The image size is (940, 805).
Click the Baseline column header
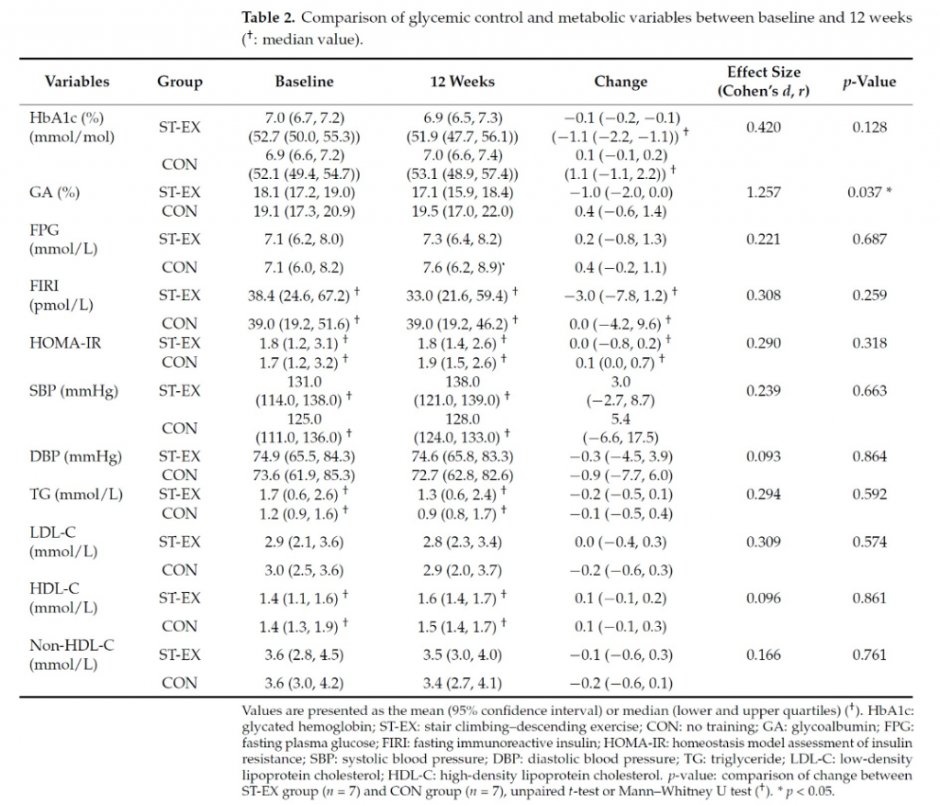(x=304, y=82)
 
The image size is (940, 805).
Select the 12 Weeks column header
(x=463, y=82)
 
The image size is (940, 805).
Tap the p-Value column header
(x=868, y=82)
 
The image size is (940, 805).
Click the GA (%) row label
(x=53, y=193)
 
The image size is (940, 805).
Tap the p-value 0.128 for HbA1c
(x=868, y=127)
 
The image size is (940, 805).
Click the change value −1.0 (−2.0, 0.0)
(x=621, y=193)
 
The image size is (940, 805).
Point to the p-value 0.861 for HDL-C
(x=868, y=598)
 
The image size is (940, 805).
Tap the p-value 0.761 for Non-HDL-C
(x=868, y=654)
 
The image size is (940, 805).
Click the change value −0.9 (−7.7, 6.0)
(x=621, y=475)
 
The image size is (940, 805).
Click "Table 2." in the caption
(x=270, y=18)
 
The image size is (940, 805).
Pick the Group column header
(x=179, y=82)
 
